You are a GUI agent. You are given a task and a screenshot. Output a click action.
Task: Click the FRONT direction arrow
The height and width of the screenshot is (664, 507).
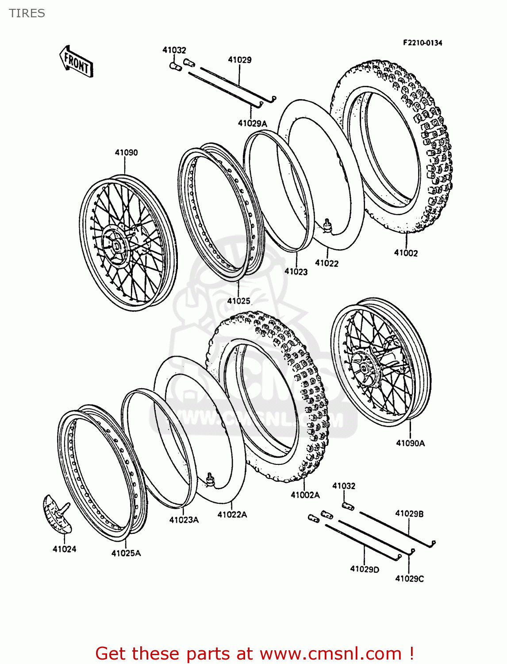click(76, 62)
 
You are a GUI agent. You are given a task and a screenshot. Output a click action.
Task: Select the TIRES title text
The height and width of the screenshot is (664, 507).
click(27, 13)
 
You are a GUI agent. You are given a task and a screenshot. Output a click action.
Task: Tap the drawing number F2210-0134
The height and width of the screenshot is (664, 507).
click(422, 43)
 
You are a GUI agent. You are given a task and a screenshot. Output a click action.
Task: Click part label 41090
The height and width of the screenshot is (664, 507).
click(126, 153)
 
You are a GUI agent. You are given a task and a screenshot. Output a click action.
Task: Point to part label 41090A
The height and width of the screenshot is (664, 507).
click(410, 443)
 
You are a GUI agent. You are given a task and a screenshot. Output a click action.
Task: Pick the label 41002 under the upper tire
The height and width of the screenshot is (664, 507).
click(406, 253)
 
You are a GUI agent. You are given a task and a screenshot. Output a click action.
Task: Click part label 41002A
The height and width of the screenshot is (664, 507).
click(305, 495)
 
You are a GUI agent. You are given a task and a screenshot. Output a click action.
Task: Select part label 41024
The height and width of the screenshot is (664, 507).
click(65, 549)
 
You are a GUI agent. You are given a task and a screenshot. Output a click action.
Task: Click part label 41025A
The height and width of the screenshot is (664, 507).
click(126, 553)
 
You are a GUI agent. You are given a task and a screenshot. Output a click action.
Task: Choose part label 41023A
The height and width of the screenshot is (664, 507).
click(184, 520)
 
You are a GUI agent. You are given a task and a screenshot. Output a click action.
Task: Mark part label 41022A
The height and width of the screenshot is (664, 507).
click(232, 515)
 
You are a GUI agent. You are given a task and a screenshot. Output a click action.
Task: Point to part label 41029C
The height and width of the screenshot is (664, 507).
click(409, 579)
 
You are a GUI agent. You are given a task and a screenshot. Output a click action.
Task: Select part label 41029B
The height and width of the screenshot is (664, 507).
click(409, 514)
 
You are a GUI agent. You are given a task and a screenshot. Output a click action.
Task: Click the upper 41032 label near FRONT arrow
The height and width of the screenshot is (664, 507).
click(174, 50)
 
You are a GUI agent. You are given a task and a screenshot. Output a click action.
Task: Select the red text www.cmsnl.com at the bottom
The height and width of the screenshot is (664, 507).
click(330, 654)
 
